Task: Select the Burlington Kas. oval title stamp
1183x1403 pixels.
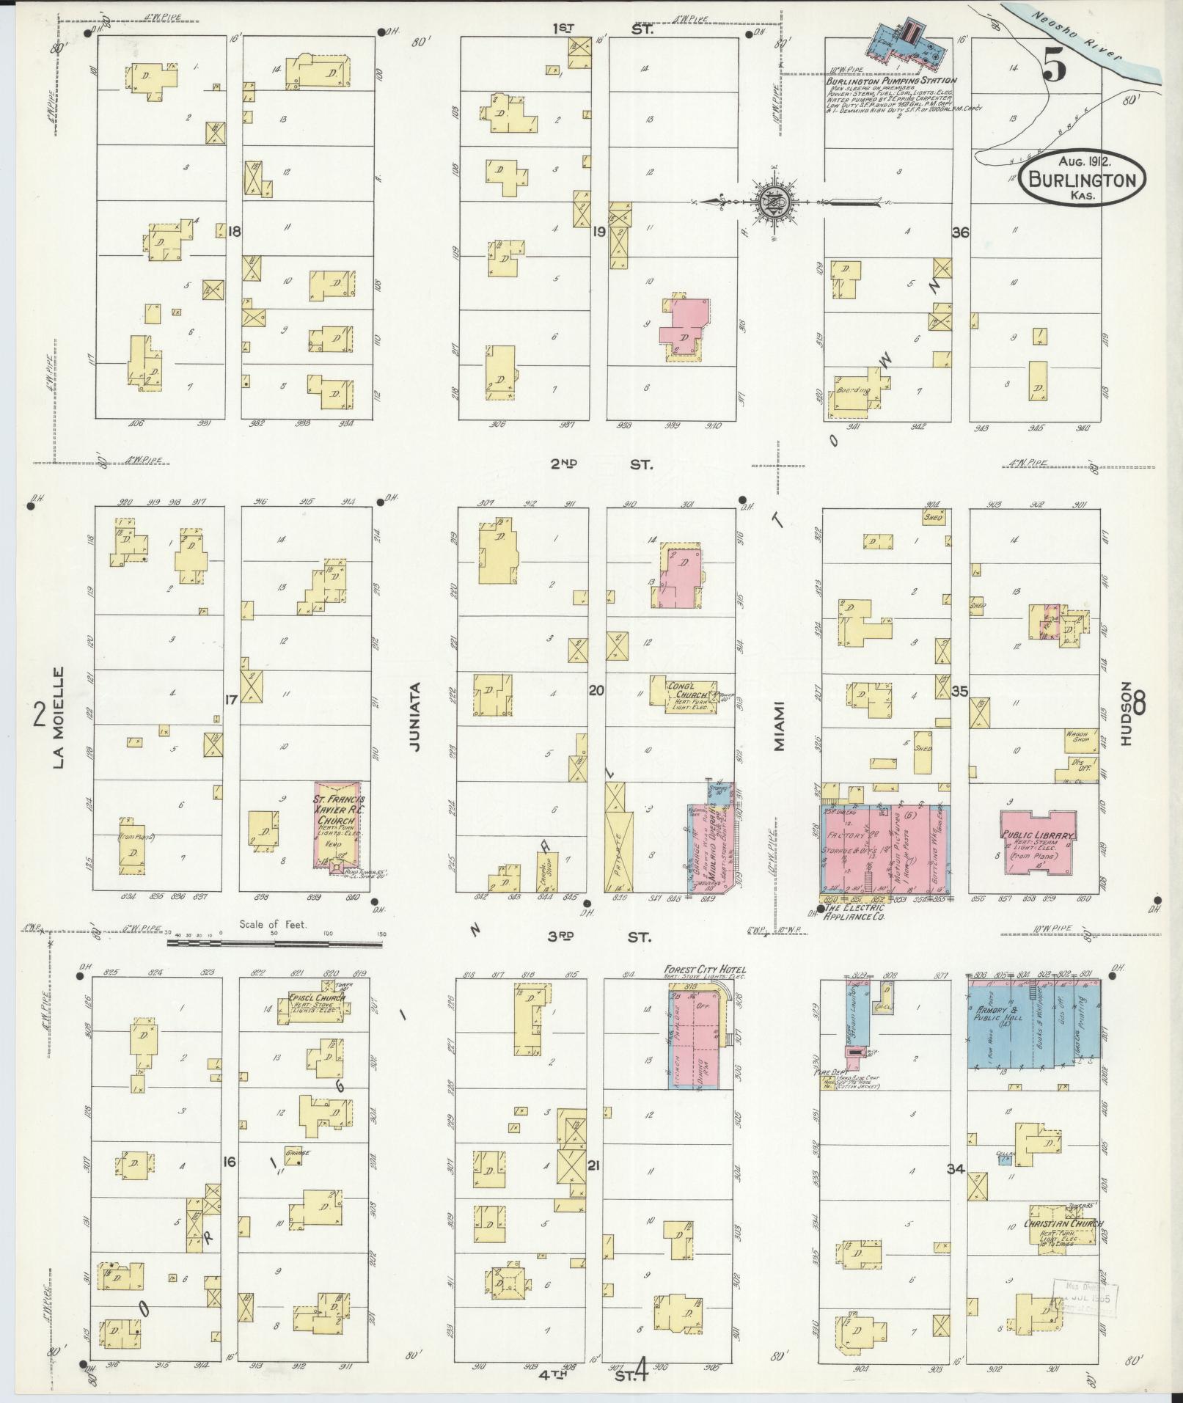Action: coord(1081,179)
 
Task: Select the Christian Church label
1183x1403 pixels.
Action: coord(1063,1224)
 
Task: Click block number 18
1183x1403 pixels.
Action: coord(234,232)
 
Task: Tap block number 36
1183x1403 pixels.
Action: coord(960,232)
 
